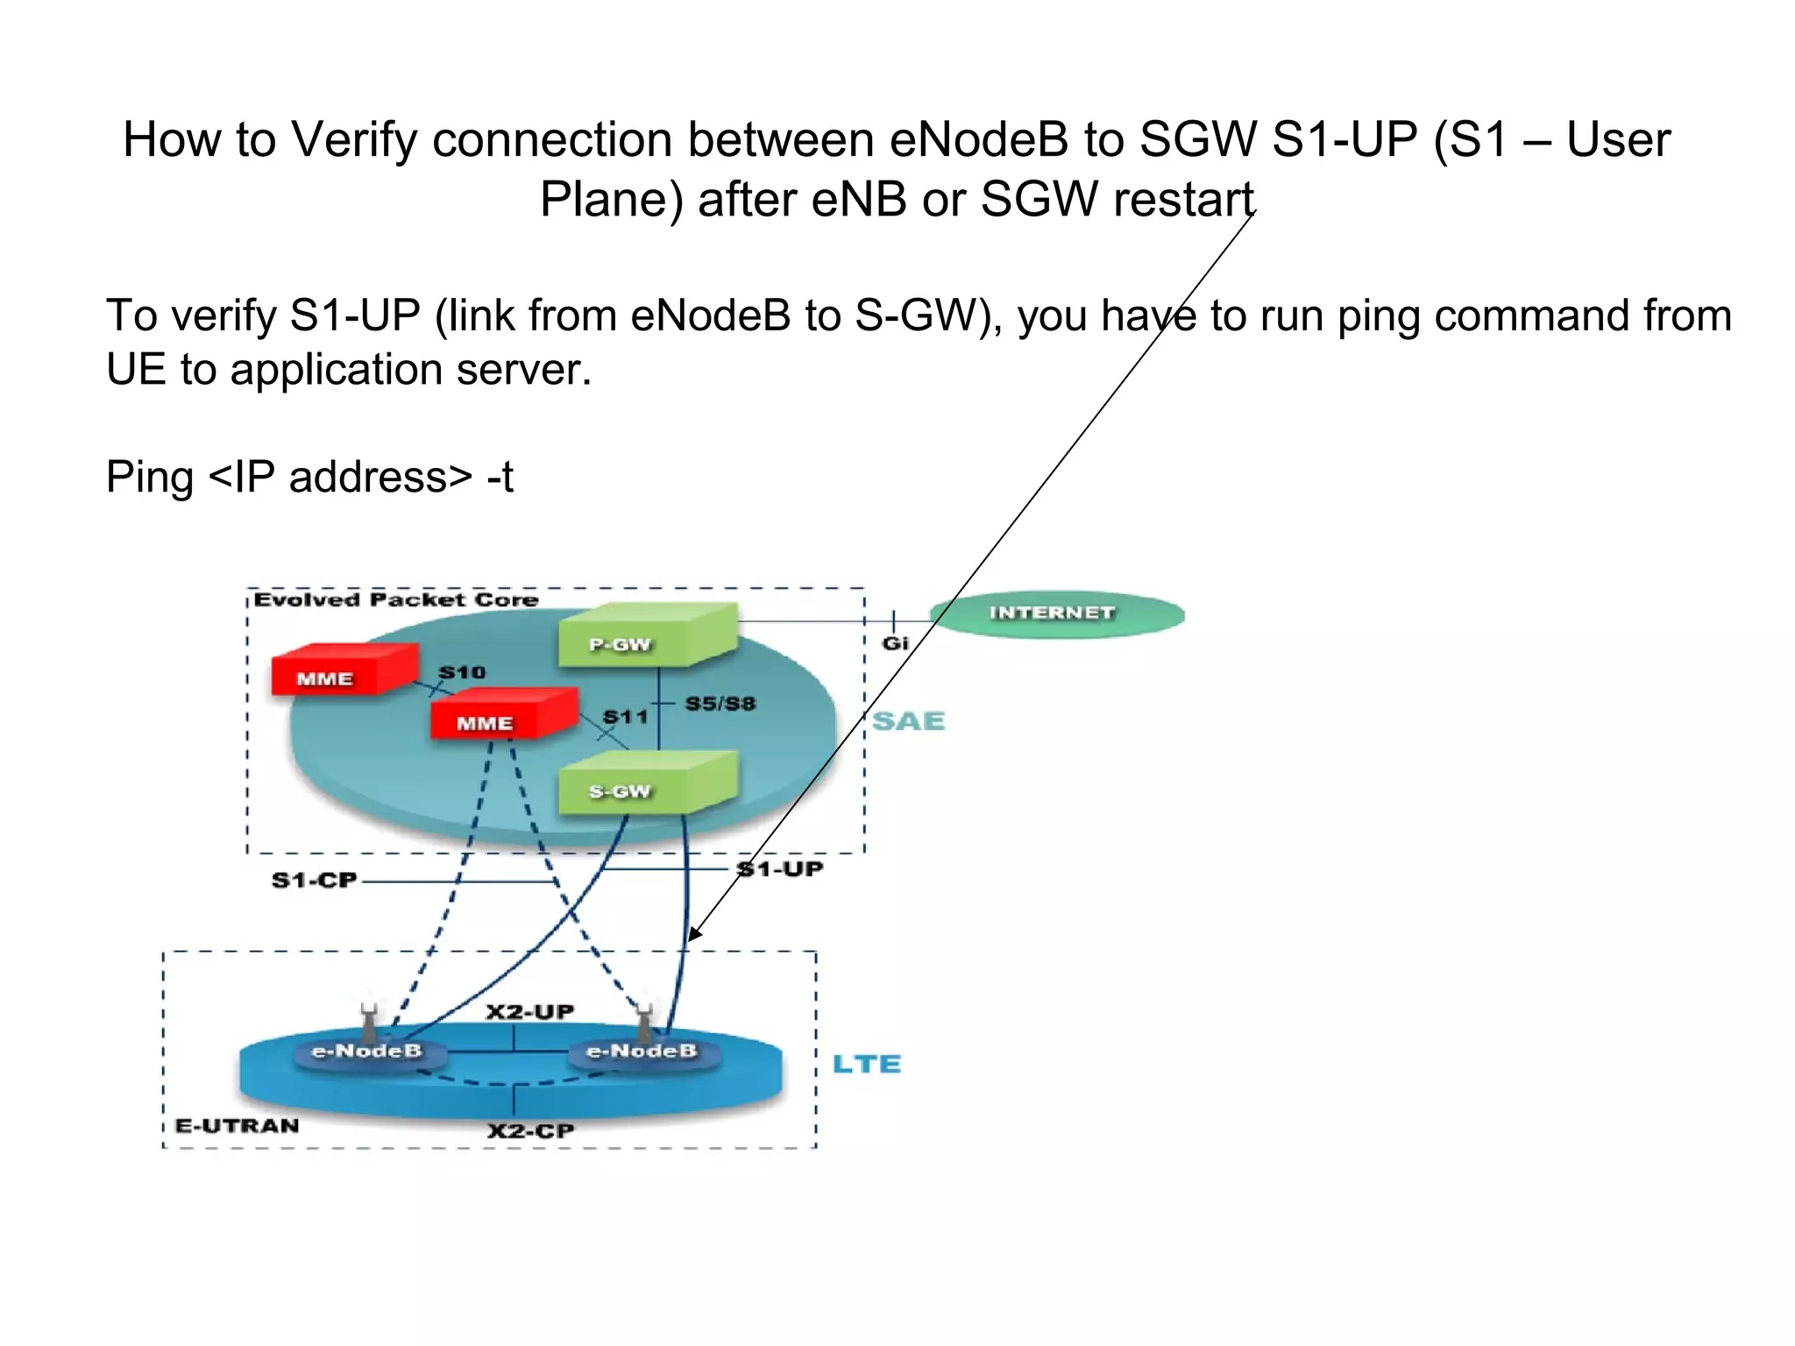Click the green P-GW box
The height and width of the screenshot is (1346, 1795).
646,637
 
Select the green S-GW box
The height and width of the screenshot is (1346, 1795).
646,785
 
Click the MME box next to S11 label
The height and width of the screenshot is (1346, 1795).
502,715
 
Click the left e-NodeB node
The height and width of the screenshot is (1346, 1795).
367,1051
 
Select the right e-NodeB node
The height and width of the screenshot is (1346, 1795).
642,1051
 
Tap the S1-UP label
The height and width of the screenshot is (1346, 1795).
781,869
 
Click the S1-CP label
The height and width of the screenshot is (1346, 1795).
314,880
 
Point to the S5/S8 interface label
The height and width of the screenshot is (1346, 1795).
720,704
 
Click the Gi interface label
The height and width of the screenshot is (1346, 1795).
895,643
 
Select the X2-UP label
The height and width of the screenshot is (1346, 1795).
530,1012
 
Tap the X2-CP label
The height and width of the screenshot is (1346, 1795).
531,1130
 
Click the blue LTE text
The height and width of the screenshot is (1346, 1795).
866,1064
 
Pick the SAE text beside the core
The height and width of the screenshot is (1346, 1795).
909,721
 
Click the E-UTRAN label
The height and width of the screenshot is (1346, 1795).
237,1126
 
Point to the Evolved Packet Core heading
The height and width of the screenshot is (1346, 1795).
396,600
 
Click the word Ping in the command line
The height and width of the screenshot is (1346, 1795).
150,478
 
